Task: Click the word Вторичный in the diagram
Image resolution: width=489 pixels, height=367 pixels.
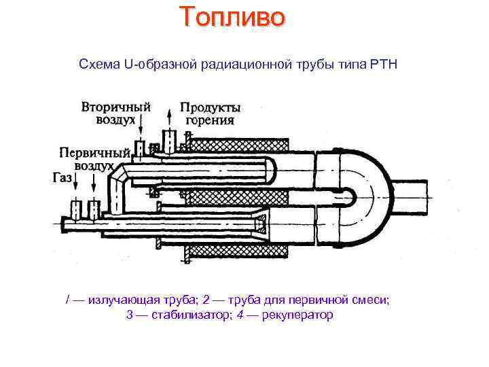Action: tap(115, 108)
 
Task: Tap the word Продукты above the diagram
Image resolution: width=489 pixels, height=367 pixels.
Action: tap(211, 108)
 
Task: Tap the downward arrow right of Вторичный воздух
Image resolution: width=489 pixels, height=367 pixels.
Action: tap(141, 125)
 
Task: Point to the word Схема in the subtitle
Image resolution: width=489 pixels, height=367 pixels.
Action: tap(99, 65)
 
